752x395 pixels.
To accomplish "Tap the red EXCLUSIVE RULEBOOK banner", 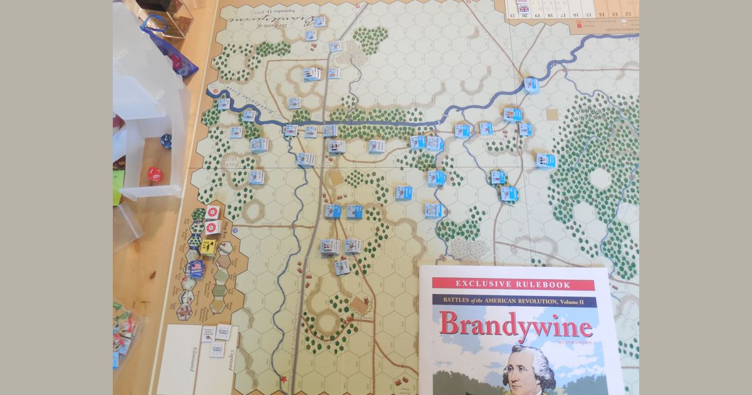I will (513, 284).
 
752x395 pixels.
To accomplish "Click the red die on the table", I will (154, 174).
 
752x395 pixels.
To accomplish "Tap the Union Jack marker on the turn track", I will (523, 8).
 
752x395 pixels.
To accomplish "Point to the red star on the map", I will (285, 380).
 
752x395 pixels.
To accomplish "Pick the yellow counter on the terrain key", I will (209, 247).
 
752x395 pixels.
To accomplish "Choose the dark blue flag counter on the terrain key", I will (196, 266).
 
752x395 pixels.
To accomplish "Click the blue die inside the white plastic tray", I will (166, 141).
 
